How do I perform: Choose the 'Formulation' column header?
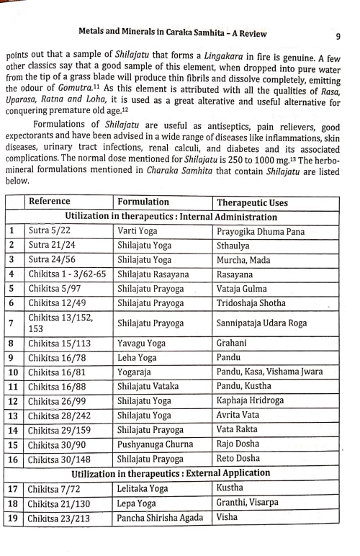pyautogui.click(x=143, y=202)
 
